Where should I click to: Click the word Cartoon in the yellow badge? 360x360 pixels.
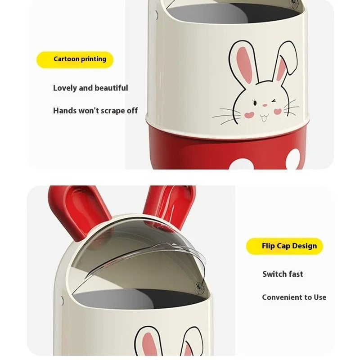point(66,59)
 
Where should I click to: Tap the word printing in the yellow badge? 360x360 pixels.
point(94,59)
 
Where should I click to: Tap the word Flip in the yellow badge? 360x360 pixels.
point(268,246)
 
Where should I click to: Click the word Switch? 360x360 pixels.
point(274,274)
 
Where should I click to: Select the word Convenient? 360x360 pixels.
point(282,297)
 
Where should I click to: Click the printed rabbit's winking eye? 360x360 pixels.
point(273,101)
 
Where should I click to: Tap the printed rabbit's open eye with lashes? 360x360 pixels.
point(255,103)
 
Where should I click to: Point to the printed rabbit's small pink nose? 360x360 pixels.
point(265,105)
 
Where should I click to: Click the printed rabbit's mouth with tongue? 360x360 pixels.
point(264,118)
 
